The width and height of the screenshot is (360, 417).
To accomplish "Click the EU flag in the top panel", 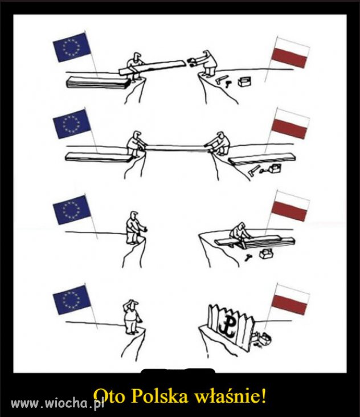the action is [72, 47].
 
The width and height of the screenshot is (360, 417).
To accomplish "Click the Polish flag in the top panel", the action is [291, 52].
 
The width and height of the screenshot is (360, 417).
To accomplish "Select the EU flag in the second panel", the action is [72, 124].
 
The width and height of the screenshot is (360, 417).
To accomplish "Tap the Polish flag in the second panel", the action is [291, 123].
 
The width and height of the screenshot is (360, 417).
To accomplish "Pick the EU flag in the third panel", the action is [72, 210].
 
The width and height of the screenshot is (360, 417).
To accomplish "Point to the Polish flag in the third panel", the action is [291, 206].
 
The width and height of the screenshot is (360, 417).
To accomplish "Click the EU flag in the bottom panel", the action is [72, 300].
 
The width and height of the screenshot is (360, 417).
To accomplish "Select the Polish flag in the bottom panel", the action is [291, 299].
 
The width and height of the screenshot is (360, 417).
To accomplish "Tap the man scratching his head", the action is [132, 317].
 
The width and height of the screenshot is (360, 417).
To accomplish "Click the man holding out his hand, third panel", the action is [135, 228].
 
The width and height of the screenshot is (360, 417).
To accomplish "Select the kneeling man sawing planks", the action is [239, 234].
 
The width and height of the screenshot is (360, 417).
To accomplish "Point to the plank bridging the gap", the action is [175, 148].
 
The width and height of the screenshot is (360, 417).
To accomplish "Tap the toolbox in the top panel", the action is [244, 81].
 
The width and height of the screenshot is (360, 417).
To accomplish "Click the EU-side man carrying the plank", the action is [134, 67].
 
